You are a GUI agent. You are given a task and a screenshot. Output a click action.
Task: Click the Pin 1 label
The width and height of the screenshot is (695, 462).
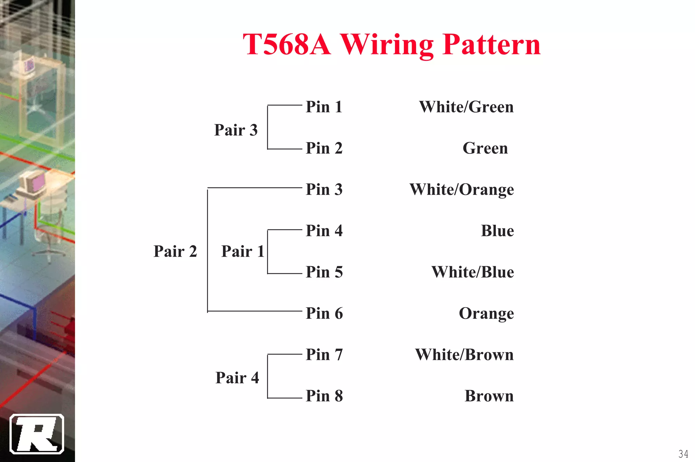point(324,107)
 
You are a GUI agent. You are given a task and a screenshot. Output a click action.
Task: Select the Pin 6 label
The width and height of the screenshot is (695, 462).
point(324,313)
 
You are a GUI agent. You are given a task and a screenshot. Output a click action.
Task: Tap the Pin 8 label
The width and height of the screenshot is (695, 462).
point(324,396)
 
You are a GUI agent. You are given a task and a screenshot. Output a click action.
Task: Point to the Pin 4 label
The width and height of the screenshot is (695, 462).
point(324,231)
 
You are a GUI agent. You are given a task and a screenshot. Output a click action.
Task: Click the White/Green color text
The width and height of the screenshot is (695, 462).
point(466,107)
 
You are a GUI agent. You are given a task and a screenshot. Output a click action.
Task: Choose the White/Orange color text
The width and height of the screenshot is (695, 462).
point(461,189)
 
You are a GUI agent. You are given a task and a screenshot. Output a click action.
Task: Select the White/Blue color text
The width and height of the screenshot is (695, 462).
point(472,272)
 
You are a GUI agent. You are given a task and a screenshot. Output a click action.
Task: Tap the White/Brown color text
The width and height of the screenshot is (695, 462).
point(464,355)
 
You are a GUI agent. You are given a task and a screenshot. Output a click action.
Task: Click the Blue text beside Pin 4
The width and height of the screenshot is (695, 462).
point(497,231)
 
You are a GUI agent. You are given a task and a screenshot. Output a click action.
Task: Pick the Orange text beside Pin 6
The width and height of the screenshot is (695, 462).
point(486,313)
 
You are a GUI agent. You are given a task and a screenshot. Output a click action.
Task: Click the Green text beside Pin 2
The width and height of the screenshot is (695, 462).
point(485,148)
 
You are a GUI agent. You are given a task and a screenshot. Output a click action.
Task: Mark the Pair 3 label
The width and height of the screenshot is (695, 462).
point(236,130)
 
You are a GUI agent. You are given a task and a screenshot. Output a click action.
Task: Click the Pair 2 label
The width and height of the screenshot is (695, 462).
point(175,252)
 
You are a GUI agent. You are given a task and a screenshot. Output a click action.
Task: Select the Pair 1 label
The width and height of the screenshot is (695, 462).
point(243,252)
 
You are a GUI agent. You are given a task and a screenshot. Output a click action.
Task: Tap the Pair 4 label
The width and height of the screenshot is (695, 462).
point(237,378)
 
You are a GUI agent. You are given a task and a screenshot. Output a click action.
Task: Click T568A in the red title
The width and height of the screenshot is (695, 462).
point(286,44)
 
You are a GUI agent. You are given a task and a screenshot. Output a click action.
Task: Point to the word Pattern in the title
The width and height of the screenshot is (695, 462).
point(491,44)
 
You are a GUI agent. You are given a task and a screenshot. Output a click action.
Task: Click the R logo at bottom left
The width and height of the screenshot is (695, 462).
point(37,434)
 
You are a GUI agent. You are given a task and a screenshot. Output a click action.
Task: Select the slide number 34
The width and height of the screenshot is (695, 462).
point(683,454)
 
